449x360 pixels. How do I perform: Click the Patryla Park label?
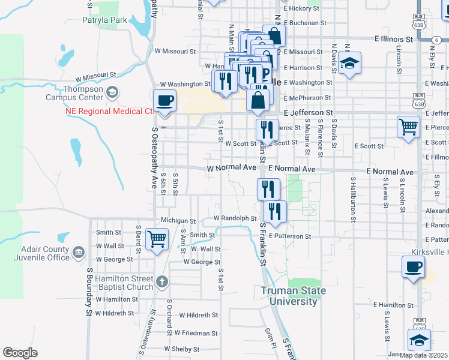pyautogui.click(x=105, y=20)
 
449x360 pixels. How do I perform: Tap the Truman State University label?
pyautogui.click(x=294, y=296)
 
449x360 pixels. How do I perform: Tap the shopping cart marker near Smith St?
pyautogui.click(x=157, y=239)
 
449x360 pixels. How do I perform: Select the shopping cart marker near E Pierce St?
pyautogui.click(x=408, y=127)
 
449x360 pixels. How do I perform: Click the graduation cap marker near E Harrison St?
pyautogui.click(x=349, y=63)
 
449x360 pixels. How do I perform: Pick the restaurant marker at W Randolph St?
pyautogui.click(x=275, y=212)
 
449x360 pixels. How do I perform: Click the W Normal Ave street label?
pyautogui.click(x=232, y=169)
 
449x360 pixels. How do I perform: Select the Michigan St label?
pyautogui.click(x=178, y=221)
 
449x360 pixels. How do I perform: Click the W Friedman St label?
pyautogui.click(x=196, y=332)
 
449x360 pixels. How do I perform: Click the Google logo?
pyautogui.click(x=20, y=353)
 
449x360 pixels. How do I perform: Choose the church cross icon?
pyautogui.click(x=162, y=281)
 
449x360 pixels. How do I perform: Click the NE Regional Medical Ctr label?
pyautogui.click(x=109, y=112)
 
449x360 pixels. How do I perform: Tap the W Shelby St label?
pyautogui.click(x=181, y=349)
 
